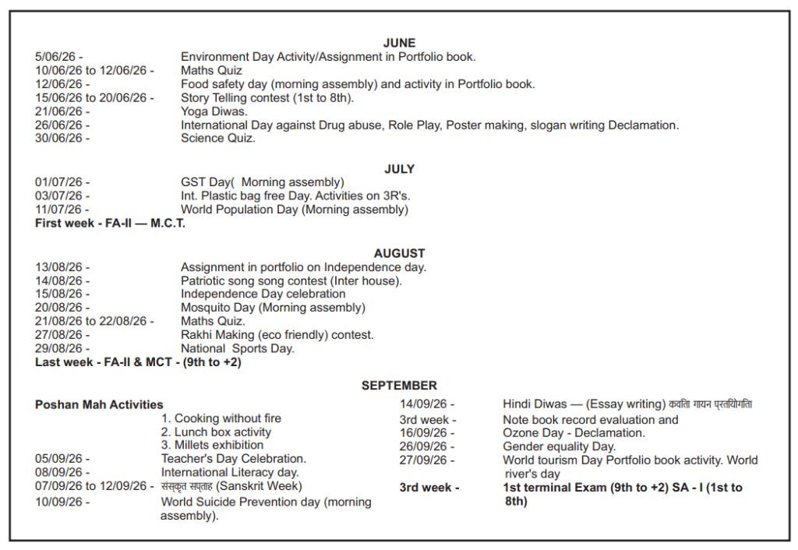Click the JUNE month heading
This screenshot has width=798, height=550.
pos(399,43)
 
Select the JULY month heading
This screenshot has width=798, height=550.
pos(399,169)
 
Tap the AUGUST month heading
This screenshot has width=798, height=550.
pos(399,253)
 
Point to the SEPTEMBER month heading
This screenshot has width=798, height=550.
pos(399,386)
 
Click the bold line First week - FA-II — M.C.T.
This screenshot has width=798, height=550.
pos(110,224)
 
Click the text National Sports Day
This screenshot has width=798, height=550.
pos(238,349)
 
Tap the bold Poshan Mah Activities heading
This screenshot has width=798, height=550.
pos(99,404)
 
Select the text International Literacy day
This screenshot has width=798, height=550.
pos(230,472)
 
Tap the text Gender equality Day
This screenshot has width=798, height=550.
pos(559,446)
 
